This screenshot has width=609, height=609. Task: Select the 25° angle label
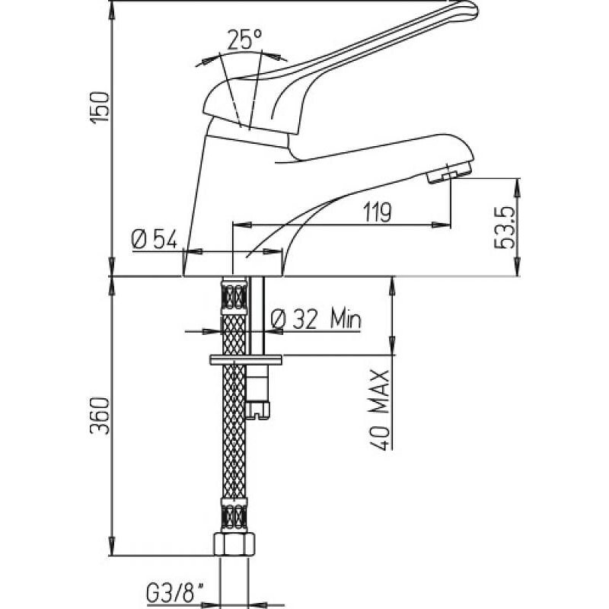(246, 39)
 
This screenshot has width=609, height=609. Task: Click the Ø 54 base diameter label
(155, 241)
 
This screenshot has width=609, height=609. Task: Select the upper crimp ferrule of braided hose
(234, 293)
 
